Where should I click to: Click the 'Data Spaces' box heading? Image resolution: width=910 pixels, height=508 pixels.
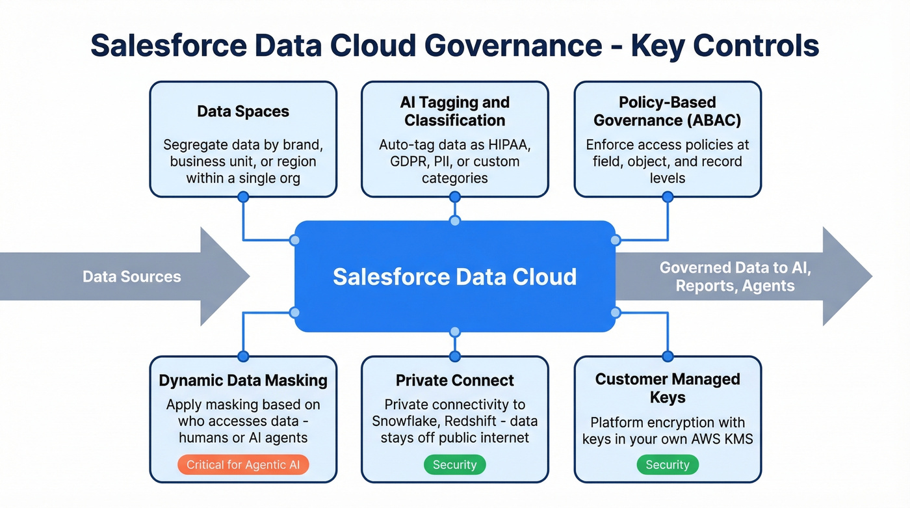(243, 111)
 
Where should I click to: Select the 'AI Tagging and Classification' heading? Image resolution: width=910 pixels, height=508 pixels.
(454, 111)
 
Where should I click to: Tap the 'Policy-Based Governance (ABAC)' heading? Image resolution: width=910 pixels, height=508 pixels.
(667, 111)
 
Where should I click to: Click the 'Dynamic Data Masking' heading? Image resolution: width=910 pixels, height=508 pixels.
(243, 381)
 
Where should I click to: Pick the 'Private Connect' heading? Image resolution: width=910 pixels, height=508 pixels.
(454, 381)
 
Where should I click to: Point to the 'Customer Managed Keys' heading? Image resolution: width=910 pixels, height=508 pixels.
(667, 388)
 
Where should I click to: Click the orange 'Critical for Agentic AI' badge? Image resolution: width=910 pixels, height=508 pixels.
(243, 464)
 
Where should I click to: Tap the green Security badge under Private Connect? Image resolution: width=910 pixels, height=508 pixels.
(454, 464)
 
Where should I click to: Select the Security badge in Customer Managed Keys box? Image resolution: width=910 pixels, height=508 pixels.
(667, 464)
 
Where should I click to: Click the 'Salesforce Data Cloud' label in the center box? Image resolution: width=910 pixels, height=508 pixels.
(454, 276)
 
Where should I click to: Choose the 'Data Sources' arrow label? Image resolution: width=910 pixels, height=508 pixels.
(132, 276)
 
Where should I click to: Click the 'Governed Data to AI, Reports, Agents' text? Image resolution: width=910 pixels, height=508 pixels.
(734, 276)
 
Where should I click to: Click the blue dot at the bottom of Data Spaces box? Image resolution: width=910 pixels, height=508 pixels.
(243, 196)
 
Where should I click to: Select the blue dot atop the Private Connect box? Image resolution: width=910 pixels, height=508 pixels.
(454, 356)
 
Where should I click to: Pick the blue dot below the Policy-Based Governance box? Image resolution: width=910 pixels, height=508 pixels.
(667, 196)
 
